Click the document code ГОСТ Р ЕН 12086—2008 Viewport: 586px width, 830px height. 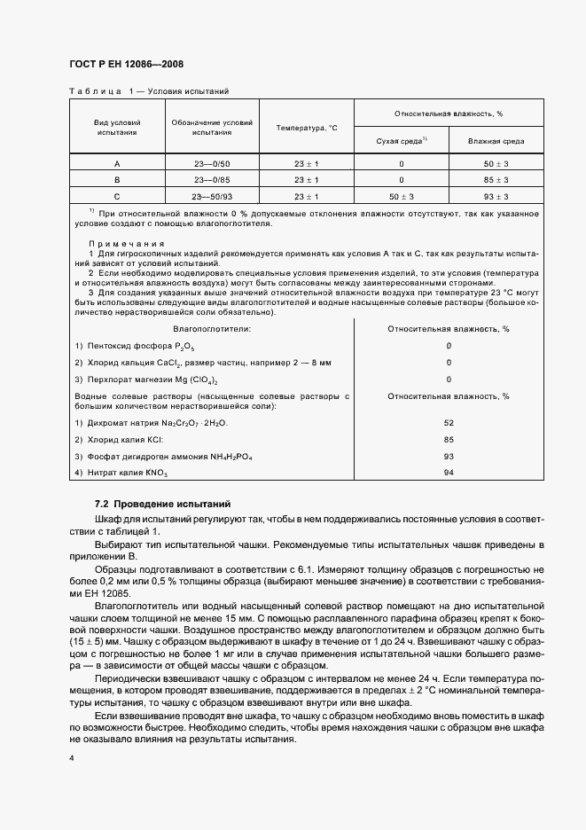coord(127,64)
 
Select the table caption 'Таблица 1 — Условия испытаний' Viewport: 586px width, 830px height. coord(149,90)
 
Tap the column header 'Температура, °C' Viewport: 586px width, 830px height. coord(307,128)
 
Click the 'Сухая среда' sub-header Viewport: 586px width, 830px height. coord(401,141)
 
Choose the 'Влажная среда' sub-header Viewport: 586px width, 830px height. coord(501,141)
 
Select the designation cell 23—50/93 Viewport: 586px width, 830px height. coord(212,196)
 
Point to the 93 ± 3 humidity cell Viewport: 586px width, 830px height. coord(501,196)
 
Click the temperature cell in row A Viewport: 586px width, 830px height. coord(307,164)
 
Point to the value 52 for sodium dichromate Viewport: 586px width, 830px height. coord(449,423)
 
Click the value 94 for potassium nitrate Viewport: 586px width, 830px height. coord(449,474)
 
